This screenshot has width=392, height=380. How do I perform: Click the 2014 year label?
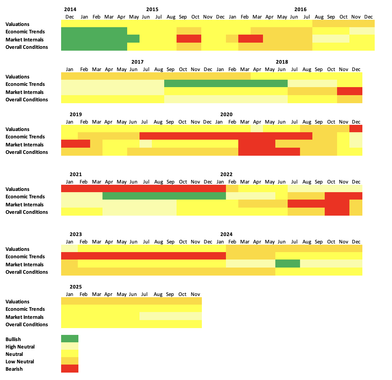[70, 9]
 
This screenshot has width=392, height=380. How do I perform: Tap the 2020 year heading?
[226, 114]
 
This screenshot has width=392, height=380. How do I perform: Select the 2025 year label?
[76, 287]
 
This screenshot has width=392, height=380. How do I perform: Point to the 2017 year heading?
[137, 62]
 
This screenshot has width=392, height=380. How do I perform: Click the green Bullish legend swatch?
[70, 339]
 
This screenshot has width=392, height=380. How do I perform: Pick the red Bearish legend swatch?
[70, 369]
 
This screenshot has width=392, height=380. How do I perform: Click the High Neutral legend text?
[20, 347]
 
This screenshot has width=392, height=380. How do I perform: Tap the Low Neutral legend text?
[20, 361]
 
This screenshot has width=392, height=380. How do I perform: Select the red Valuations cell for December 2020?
[356, 129]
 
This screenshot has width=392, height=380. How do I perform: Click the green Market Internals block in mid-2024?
[288, 264]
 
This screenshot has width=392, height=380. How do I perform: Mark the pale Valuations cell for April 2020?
[257, 129]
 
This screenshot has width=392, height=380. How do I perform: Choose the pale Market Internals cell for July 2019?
[146, 144]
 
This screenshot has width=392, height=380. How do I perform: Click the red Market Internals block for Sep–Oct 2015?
[189, 39]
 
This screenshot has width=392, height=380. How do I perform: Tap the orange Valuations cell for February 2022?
[232, 188]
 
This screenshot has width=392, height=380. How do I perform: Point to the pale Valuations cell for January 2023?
[69, 248]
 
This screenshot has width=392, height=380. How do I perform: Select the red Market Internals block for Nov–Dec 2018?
[350, 91]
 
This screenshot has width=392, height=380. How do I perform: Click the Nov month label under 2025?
[195, 294]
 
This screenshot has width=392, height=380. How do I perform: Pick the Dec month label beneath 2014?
[70, 17]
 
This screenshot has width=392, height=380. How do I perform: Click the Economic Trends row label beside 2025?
[25, 309]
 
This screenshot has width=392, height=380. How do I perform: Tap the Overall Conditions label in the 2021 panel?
[27, 212]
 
